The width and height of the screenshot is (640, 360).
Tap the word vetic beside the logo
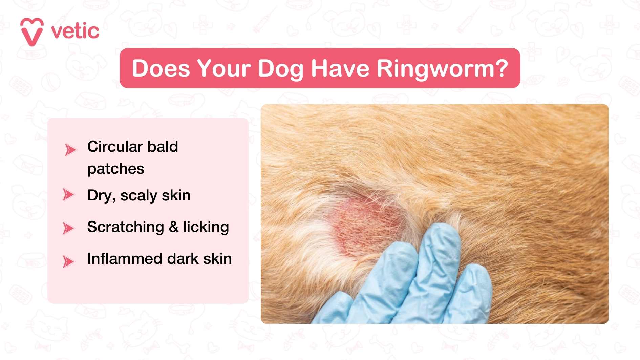coord(75,31)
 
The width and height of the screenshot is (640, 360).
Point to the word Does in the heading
coord(161,68)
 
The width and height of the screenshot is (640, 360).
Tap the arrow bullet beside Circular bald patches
coord(70,149)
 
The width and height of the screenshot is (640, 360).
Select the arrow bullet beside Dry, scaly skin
coord(68,195)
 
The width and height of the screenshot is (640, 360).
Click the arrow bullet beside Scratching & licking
coord(68,228)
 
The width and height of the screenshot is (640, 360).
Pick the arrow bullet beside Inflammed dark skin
coord(68,261)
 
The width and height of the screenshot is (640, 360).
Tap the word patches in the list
coord(116,169)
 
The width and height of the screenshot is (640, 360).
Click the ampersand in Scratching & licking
coord(174,227)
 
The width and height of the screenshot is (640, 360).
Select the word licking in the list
coord(206,227)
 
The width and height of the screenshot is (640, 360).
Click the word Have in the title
coord(340,68)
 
